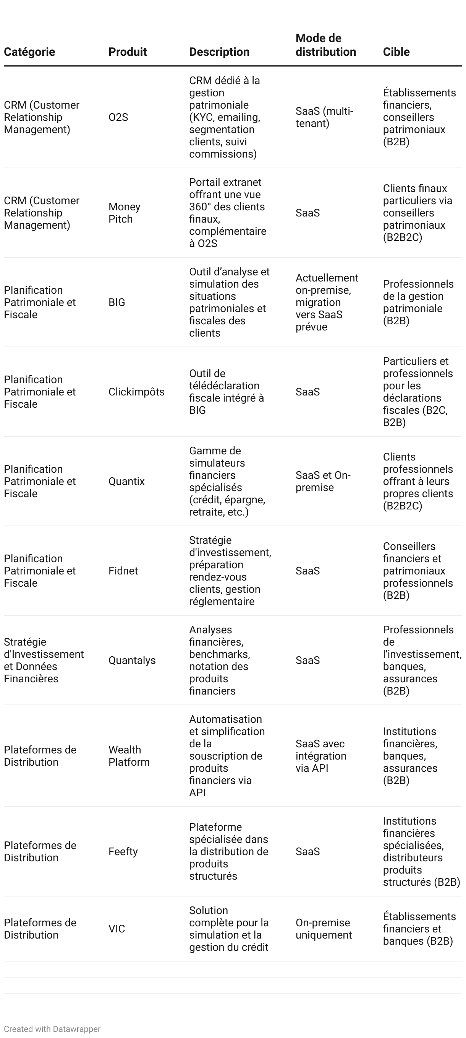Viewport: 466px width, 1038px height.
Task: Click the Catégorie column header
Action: click(29, 52)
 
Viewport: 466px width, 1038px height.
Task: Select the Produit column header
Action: click(128, 52)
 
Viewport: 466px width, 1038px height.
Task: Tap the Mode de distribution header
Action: click(325, 45)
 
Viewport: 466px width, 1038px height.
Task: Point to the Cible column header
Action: click(396, 52)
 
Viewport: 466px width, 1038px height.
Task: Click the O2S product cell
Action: click(118, 117)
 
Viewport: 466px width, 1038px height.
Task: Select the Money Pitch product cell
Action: click(125, 213)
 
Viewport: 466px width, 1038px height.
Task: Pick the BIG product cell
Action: click(117, 302)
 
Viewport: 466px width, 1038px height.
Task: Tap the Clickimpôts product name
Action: click(136, 392)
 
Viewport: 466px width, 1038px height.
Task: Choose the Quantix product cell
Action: click(126, 481)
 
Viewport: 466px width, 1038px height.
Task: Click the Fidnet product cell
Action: click(123, 571)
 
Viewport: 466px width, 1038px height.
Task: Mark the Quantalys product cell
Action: click(132, 660)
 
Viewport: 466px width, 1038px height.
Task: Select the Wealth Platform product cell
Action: click(129, 755)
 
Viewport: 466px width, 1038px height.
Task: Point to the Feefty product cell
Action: click(123, 851)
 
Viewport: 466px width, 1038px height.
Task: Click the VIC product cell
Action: click(117, 929)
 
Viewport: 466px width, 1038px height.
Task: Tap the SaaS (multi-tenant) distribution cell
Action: click(324, 117)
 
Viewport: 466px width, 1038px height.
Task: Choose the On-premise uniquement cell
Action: click(324, 929)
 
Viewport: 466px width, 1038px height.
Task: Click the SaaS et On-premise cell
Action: click(323, 481)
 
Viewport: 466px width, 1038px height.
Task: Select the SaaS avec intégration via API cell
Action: click(321, 755)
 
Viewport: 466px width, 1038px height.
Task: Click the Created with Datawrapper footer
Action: click(52, 1029)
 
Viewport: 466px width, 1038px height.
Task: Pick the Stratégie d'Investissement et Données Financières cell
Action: click(44, 660)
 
